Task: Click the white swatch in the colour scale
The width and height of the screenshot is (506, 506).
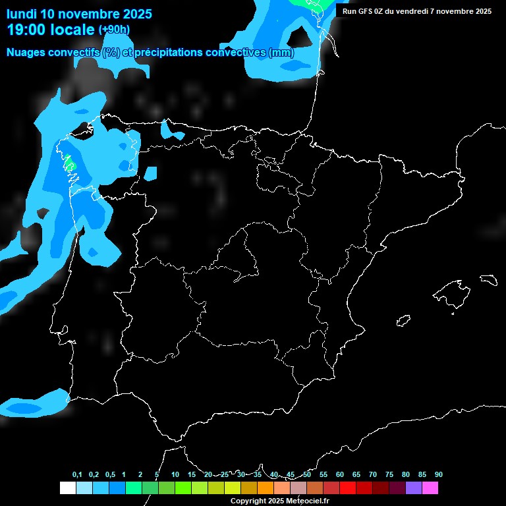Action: click(x=67, y=488)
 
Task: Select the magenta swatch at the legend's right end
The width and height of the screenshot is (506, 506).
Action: click(x=430, y=488)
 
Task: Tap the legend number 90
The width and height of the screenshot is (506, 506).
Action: click(x=439, y=475)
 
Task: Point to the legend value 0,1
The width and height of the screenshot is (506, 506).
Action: click(x=77, y=475)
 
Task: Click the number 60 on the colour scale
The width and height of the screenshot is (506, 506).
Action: click(x=340, y=475)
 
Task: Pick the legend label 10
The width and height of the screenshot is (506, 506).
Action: click(x=175, y=475)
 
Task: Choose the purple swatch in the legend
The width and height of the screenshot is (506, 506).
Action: click(x=414, y=488)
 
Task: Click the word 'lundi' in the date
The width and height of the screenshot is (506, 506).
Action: click(x=22, y=14)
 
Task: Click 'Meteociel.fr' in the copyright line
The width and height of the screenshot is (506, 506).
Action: click(x=307, y=501)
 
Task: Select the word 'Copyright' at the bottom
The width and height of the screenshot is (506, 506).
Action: click(x=248, y=501)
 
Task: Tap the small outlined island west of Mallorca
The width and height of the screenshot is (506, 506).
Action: click(x=404, y=321)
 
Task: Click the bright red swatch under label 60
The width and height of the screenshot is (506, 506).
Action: click(x=348, y=488)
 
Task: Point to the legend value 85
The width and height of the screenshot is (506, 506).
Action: click(x=422, y=475)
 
